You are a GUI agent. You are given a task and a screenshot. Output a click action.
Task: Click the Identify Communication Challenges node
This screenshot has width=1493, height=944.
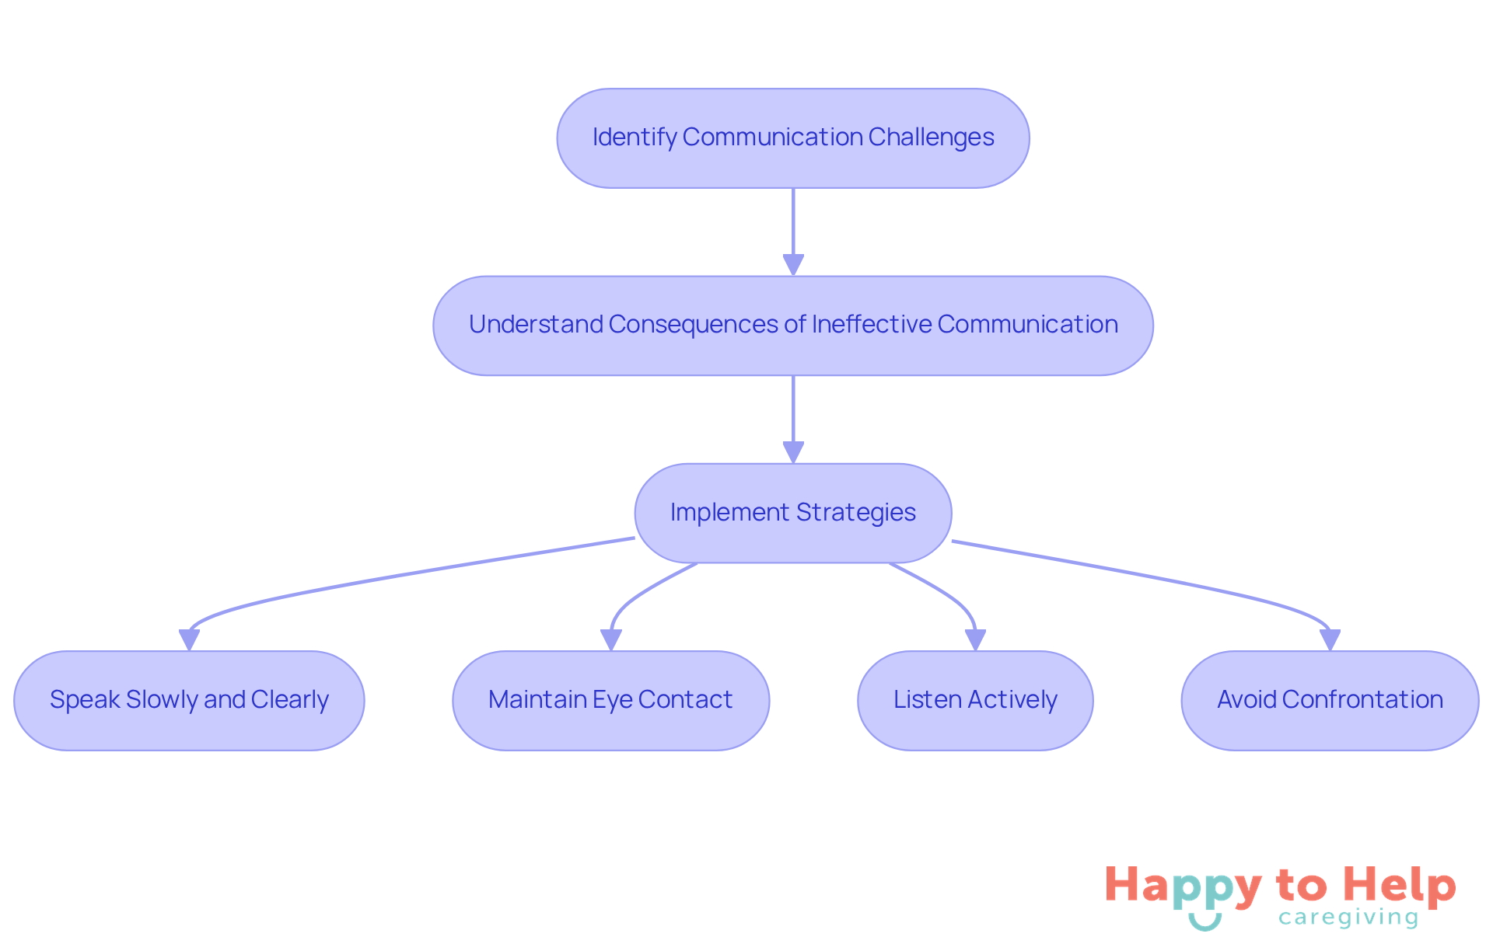click(x=792, y=138)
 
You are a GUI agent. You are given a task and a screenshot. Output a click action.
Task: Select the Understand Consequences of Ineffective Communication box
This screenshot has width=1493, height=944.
click(x=792, y=326)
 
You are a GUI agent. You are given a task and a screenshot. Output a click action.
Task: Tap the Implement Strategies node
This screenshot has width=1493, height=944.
click(x=792, y=513)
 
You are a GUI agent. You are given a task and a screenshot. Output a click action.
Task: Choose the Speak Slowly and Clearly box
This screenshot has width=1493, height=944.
click(x=189, y=700)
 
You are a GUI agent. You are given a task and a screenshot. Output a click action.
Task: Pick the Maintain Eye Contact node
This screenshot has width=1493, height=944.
click(x=610, y=700)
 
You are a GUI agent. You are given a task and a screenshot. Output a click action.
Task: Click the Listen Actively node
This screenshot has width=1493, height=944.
click(x=975, y=700)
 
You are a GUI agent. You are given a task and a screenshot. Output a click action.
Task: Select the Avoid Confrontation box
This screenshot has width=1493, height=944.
click(x=1330, y=700)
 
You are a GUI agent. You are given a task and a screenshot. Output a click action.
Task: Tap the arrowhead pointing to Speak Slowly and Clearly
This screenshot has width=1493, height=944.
click(x=189, y=639)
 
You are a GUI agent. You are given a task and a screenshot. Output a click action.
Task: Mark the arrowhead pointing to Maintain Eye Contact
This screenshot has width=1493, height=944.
click(x=611, y=639)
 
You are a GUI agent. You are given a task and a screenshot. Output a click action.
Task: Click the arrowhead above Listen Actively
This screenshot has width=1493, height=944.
click(x=975, y=639)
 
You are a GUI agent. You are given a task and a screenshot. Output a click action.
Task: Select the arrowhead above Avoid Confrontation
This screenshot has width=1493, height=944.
click(x=1330, y=639)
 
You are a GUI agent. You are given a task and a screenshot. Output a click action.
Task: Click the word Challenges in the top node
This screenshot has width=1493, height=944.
click(x=931, y=138)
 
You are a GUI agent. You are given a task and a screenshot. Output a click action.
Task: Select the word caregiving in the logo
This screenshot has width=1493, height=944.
click(x=1348, y=918)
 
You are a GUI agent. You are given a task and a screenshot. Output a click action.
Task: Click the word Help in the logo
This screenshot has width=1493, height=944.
click(x=1399, y=886)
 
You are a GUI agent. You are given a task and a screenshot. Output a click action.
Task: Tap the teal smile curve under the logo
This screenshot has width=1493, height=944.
click(x=1205, y=922)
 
